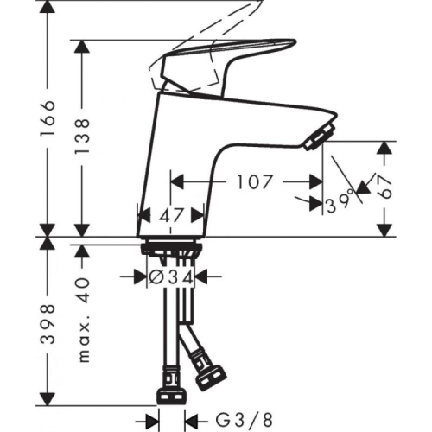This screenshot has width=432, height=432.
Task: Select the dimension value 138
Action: point(82,137)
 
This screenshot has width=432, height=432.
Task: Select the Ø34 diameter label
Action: point(170,277)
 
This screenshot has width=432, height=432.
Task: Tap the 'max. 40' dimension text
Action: point(82,319)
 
